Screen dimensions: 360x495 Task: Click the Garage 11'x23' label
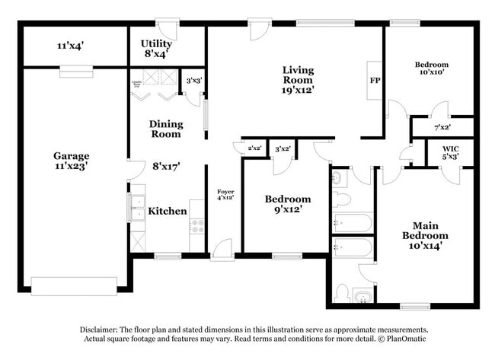pos(71,161)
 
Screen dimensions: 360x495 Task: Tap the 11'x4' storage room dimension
pos(70,46)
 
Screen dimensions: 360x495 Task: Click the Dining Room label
pos(165,129)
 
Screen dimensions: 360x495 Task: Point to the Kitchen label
pos(167,211)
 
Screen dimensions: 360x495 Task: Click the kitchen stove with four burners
pos(196,226)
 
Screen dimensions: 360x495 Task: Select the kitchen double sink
pos(138,207)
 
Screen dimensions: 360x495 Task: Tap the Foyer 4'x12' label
pos(225,194)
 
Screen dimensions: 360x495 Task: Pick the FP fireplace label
pos(375,80)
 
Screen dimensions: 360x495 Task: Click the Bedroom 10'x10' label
pos(431,68)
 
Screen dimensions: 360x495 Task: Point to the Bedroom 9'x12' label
pos(287,203)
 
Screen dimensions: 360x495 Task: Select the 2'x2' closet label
pos(254,147)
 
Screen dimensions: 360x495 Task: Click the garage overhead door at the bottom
pos(74,286)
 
